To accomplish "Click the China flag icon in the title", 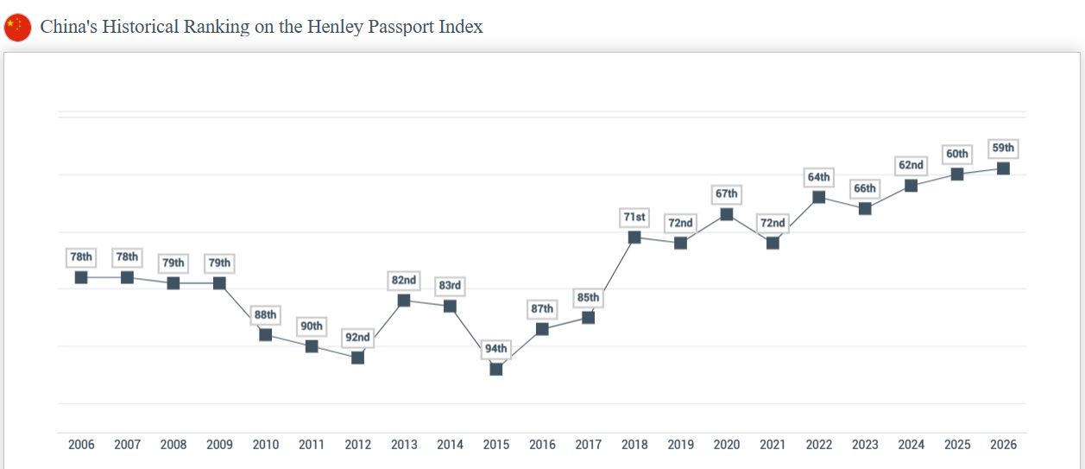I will [17, 28].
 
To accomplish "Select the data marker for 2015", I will [496, 369].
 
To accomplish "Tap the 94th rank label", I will [496, 349].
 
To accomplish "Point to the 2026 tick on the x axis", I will [1003, 445].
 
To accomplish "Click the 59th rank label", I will [1003, 149].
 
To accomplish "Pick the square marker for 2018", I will [634, 238].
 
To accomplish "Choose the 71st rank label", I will [634, 218].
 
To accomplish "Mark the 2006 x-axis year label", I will [81, 445].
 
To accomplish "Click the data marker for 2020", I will [727, 214].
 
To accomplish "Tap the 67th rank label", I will [727, 194].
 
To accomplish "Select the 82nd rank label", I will [404, 281].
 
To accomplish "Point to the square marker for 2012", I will [357, 358].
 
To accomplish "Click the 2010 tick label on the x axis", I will [266, 445].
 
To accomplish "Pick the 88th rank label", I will [266, 315].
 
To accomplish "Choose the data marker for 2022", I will [819, 197].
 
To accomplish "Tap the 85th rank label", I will [588, 298].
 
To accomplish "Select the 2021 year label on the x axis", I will [773, 445].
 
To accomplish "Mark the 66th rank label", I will [865, 188].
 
